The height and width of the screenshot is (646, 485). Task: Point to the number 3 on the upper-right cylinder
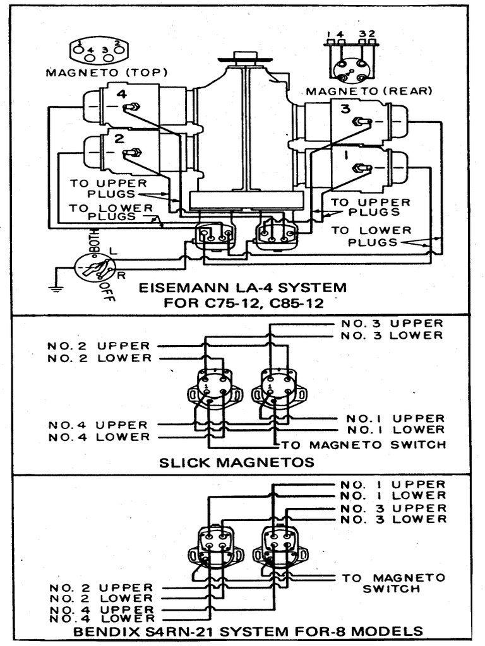pos(345,109)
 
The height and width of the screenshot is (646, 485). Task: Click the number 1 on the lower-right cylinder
pos(345,153)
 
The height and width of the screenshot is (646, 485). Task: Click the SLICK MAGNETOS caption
pos(237,462)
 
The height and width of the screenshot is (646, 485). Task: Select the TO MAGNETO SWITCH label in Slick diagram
pos(364,445)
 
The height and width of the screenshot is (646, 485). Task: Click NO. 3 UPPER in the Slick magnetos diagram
pos(392,324)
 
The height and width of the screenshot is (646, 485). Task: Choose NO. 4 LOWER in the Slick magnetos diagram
pos(99,437)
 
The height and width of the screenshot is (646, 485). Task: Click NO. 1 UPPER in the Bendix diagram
pos(393,484)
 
